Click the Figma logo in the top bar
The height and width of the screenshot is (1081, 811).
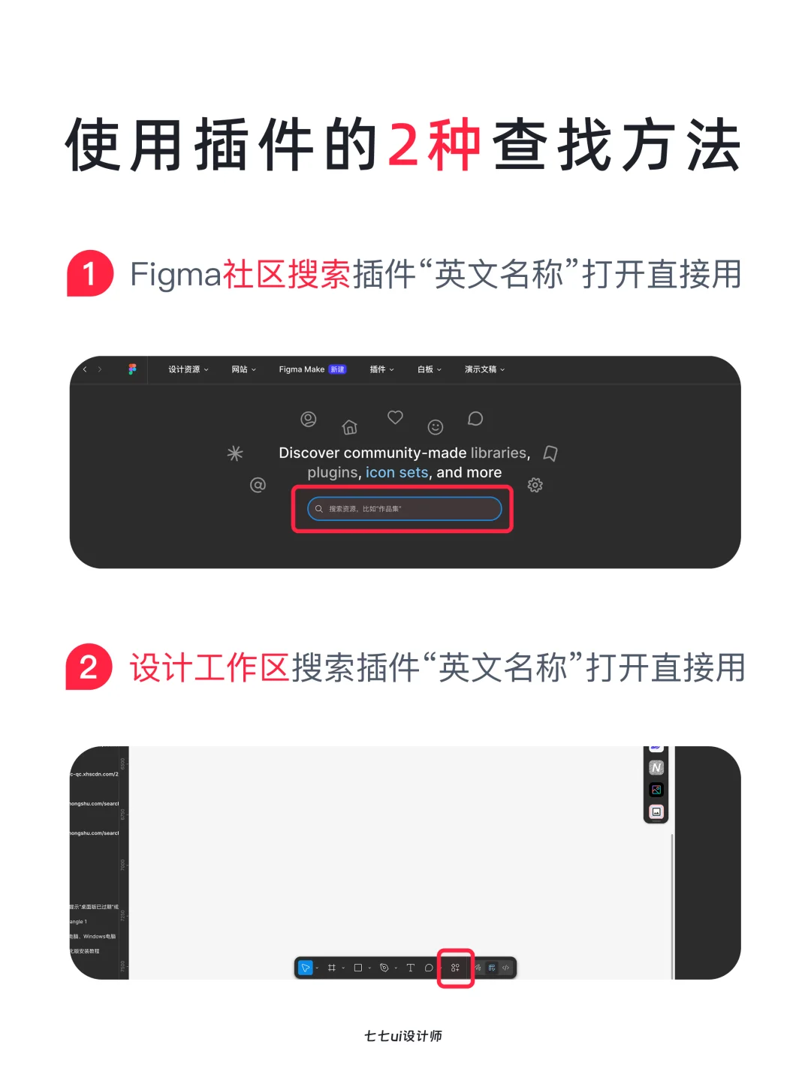(x=132, y=369)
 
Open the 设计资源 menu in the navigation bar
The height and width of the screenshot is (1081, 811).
(x=188, y=369)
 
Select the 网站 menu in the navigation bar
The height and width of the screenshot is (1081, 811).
(x=243, y=369)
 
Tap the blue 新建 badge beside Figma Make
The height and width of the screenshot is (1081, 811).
(x=338, y=369)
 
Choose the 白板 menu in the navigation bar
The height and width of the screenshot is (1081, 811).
(x=429, y=369)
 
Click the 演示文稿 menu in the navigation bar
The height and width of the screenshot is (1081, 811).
(x=484, y=369)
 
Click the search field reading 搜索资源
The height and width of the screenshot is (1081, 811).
(x=404, y=509)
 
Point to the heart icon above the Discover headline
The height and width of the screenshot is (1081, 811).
(x=395, y=417)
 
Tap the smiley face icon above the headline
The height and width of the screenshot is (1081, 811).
(x=436, y=427)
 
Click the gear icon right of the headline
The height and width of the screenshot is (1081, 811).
(x=535, y=485)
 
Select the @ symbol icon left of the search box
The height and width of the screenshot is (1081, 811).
(x=258, y=485)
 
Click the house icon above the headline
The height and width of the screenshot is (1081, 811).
(x=349, y=427)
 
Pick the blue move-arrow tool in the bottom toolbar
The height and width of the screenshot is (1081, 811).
(x=306, y=968)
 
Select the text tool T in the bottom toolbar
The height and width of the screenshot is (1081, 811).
(x=410, y=968)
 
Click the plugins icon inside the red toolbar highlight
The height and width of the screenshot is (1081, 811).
(x=455, y=968)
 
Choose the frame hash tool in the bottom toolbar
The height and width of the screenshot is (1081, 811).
(x=332, y=968)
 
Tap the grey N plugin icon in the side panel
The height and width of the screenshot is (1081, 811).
(x=656, y=767)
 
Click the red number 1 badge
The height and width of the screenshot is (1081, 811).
(x=89, y=274)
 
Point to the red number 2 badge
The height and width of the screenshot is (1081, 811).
(x=89, y=667)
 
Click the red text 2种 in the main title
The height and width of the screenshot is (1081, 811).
(x=434, y=145)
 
